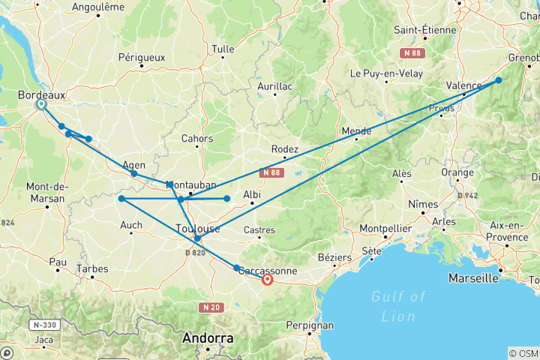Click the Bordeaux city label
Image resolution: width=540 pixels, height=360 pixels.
pyautogui.click(x=42, y=94)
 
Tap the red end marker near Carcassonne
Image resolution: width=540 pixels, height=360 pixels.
pyautogui.click(x=267, y=280)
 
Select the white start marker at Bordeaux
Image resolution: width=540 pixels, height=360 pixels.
pyautogui.click(x=40, y=105)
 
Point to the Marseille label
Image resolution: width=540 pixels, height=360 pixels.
pyautogui.click(x=475, y=278)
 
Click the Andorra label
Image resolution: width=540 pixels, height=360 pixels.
pyautogui.click(x=208, y=338)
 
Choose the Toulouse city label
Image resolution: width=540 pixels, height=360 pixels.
pyautogui.click(x=197, y=228)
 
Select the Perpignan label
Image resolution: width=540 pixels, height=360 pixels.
pyautogui.click(x=309, y=326)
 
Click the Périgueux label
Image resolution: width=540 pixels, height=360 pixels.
pyautogui.click(x=141, y=56)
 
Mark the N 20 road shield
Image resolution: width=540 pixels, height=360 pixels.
pyautogui.click(x=211, y=307)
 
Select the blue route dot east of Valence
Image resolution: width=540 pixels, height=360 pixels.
pyautogui.click(x=499, y=80)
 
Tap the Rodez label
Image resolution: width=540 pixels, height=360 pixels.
pyautogui.click(x=285, y=148)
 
